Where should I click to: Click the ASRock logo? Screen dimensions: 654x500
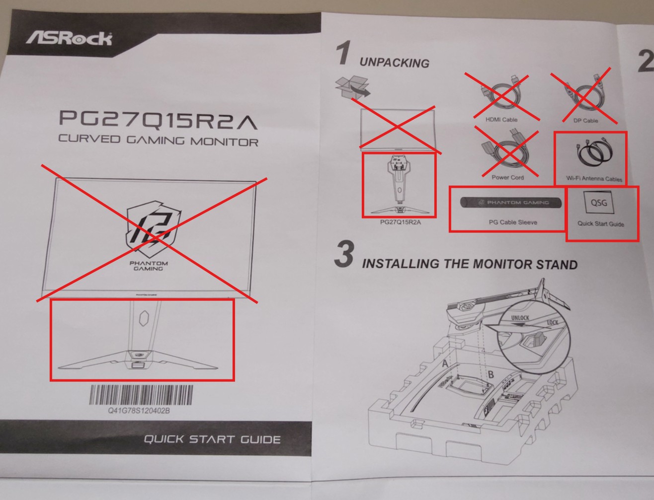[69, 38]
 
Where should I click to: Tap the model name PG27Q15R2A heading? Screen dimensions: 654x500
[158, 120]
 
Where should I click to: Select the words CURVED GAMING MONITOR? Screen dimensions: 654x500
[158, 140]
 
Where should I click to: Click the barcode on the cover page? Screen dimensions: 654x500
[141, 395]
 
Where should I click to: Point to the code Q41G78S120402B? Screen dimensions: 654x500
[139, 411]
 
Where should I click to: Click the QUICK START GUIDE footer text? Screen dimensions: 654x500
[212, 439]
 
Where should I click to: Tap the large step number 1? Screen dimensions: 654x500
[344, 53]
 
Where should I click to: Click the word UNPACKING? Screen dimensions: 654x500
[394, 63]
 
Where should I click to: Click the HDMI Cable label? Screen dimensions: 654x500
[501, 120]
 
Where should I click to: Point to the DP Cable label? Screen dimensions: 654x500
[585, 121]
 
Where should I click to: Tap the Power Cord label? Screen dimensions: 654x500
[507, 177]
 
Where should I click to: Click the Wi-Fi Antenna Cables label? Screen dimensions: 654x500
[594, 179]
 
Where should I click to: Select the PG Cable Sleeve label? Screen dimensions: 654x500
[513, 222]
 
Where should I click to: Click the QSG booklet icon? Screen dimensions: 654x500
[599, 203]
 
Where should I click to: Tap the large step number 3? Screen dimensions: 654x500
[345, 254]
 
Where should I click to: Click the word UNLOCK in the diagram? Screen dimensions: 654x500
[520, 318]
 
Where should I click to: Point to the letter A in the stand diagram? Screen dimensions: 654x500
[445, 363]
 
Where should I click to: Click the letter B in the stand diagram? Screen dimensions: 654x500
[490, 374]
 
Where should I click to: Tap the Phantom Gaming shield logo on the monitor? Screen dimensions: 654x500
[153, 229]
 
